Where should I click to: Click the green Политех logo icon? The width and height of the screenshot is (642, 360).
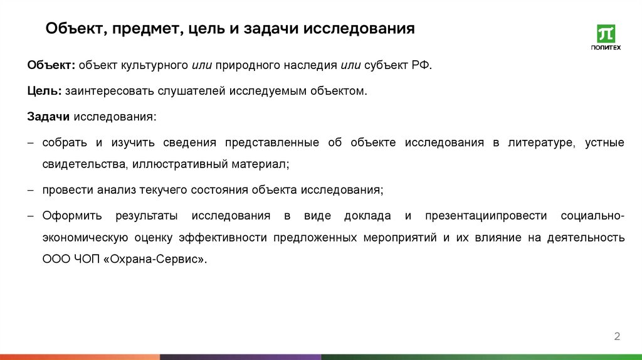pos(606,33)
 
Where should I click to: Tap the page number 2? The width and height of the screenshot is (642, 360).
pos(617,337)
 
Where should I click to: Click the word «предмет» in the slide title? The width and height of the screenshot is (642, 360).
pos(148,29)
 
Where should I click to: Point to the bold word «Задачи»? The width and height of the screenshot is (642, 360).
pos(50,117)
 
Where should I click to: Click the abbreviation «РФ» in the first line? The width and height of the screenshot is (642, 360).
pos(421,65)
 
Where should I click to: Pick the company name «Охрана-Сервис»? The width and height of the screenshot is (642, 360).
pos(156,259)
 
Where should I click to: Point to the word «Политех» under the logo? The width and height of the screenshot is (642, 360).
pos(606,47)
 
